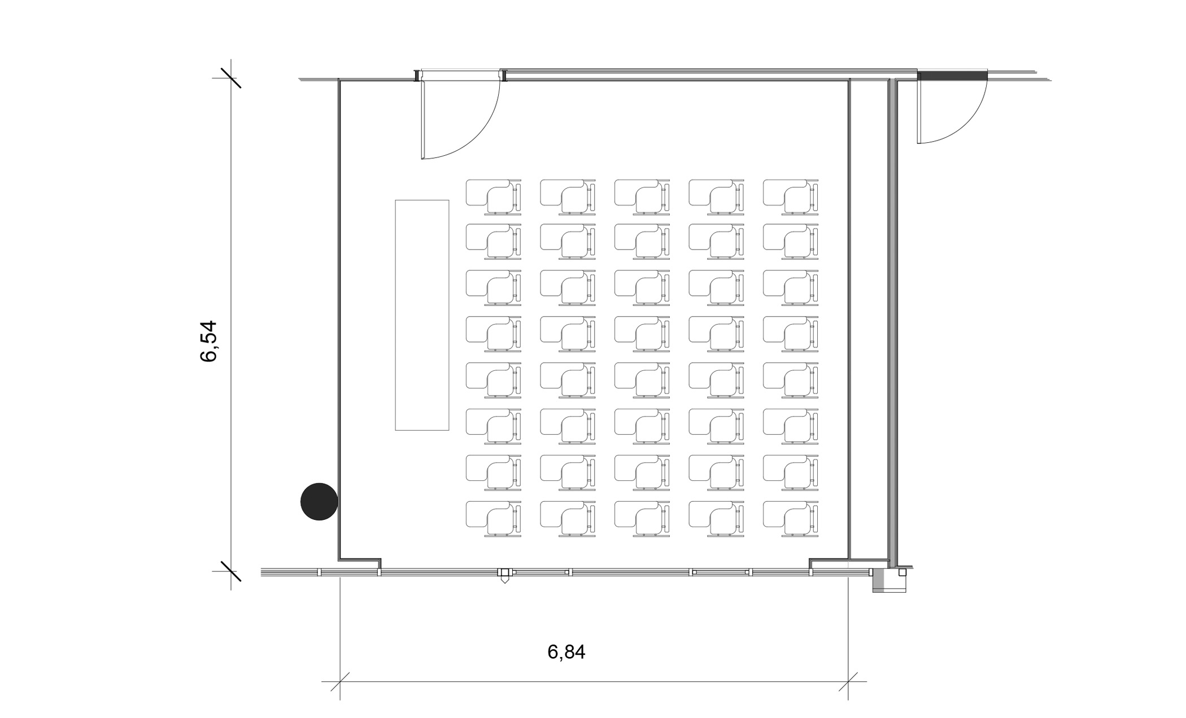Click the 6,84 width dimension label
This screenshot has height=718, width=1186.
[566, 652]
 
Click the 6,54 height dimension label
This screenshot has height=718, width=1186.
[208, 341]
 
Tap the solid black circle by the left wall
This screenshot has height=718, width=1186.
[319, 501]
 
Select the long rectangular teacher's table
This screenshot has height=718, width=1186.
[422, 315]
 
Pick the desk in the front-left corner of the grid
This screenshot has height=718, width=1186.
[493, 197]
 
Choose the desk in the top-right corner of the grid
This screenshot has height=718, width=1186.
[791, 197]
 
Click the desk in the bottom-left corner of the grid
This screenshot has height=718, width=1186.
[493, 519]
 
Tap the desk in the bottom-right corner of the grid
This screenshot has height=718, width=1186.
[791, 519]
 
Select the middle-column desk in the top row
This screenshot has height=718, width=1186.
[642, 197]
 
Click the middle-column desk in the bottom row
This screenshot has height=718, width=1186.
[642, 519]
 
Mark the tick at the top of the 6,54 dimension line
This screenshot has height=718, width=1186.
[231, 78]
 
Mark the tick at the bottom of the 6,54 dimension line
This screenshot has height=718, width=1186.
[231, 571]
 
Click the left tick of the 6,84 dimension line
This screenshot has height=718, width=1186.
[340, 682]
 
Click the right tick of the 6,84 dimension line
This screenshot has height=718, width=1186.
[848, 682]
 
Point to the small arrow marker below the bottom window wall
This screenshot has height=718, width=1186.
[504, 578]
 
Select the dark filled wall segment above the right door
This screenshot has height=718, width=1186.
[952, 75]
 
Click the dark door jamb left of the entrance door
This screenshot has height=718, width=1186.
[417, 76]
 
